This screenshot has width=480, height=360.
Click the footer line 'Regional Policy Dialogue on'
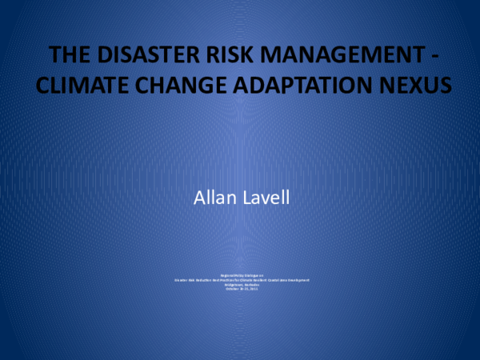point(240,274)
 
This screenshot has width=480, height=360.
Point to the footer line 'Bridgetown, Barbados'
point(240,283)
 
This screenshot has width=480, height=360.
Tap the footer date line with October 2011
point(240,288)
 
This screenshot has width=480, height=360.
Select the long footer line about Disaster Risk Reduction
point(240,279)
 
